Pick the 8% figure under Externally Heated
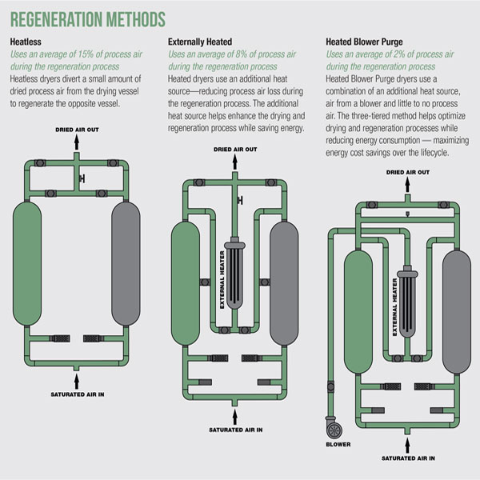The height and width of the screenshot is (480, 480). tap(250, 54)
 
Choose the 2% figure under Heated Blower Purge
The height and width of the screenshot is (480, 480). tap(408, 54)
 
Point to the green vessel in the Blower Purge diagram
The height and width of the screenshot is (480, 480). tap(354, 294)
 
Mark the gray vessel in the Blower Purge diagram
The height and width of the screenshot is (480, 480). tap(452, 294)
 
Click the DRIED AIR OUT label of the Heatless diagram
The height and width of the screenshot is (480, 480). tap(78, 129)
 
